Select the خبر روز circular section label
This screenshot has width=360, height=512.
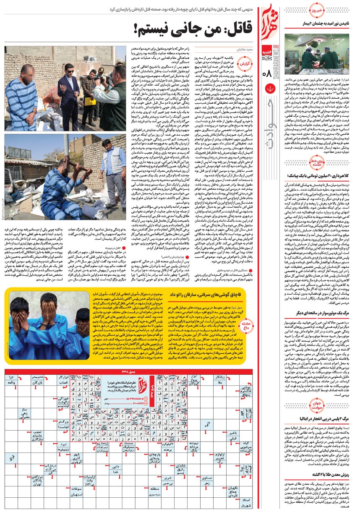click(317, 9)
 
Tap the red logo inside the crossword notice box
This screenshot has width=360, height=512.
click(143, 385)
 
